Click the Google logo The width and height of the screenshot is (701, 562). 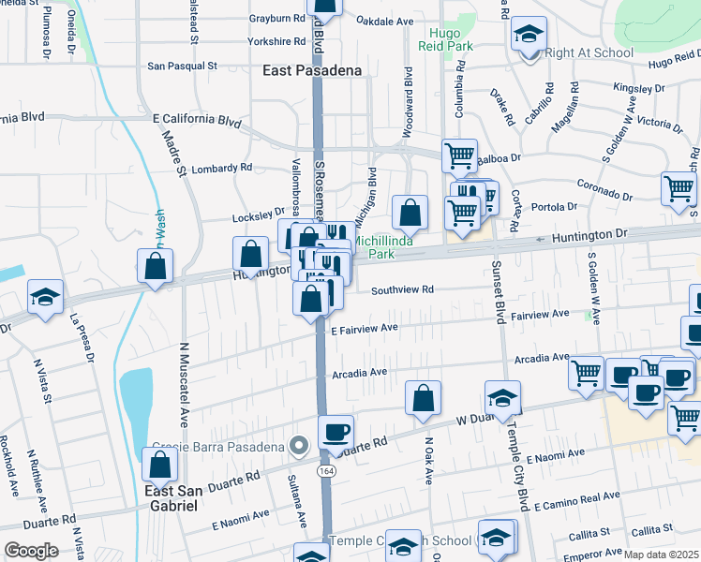(x=31, y=551)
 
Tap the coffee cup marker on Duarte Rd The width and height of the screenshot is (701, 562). (x=336, y=431)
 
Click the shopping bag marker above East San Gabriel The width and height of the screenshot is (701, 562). (x=160, y=464)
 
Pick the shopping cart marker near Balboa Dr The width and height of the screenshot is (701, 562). (x=459, y=155)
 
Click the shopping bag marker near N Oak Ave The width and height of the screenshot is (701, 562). (x=424, y=396)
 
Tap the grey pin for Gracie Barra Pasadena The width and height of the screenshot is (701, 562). (x=299, y=445)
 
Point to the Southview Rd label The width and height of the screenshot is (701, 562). (x=402, y=290)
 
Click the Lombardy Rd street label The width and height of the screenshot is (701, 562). (x=221, y=169)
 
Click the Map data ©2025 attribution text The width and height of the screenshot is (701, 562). (x=661, y=555)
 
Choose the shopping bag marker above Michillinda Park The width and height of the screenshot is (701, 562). (x=410, y=212)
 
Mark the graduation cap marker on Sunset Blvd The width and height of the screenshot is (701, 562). (x=502, y=397)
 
